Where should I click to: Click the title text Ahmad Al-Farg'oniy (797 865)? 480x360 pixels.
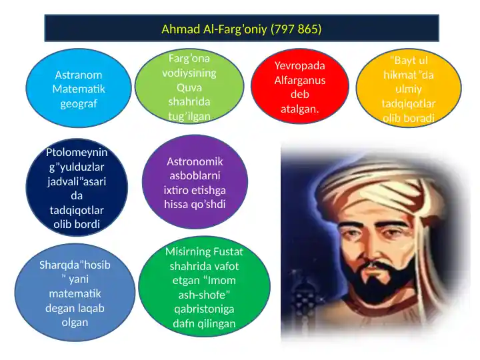(x=241, y=29)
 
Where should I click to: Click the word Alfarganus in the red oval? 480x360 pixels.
(x=300, y=80)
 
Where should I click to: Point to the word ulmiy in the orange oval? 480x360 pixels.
(x=409, y=89)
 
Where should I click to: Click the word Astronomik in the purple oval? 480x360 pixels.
(x=195, y=162)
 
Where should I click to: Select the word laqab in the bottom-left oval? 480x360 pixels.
(x=90, y=308)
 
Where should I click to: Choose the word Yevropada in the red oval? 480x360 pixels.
(x=300, y=65)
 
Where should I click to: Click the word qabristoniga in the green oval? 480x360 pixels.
(x=204, y=309)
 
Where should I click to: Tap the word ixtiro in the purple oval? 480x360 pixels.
(x=177, y=190)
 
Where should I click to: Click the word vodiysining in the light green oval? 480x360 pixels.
(x=189, y=73)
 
